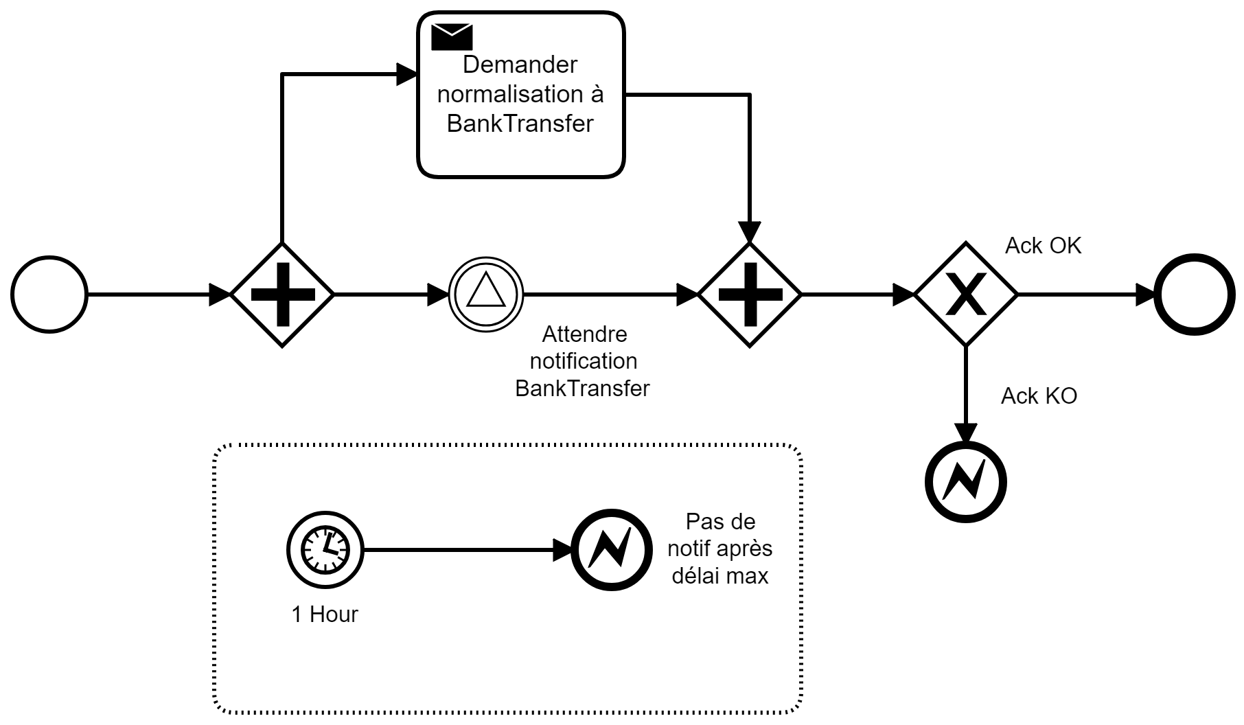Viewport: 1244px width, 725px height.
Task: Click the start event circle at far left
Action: [x=49, y=295]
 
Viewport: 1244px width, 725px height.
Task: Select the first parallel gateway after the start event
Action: [x=282, y=295]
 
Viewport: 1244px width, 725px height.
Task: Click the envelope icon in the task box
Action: [x=452, y=37]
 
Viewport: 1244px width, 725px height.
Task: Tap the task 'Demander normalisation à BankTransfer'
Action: [x=521, y=95]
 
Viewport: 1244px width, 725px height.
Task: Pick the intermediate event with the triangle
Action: [x=485, y=295]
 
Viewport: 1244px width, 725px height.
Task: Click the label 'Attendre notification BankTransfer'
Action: [x=583, y=361]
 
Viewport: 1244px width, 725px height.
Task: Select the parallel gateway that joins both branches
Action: [x=750, y=295]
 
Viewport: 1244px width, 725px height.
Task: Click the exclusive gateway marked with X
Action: [x=966, y=295]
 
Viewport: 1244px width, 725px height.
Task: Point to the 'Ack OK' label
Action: [x=1043, y=246]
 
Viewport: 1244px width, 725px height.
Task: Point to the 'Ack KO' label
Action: [x=1039, y=396]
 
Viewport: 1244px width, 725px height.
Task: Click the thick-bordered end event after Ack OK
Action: [x=1195, y=295]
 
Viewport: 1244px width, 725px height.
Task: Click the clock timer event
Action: [x=325, y=549]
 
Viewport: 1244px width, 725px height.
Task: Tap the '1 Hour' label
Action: [x=325, y=614]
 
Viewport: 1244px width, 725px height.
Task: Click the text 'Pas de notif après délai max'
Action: [x=720, y=549]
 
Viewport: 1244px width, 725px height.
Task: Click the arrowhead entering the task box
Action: [x=408, y=73]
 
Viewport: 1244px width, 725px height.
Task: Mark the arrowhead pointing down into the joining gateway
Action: [x=750, y=233]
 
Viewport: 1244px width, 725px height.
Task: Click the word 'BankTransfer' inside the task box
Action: [x=520, y=124]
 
